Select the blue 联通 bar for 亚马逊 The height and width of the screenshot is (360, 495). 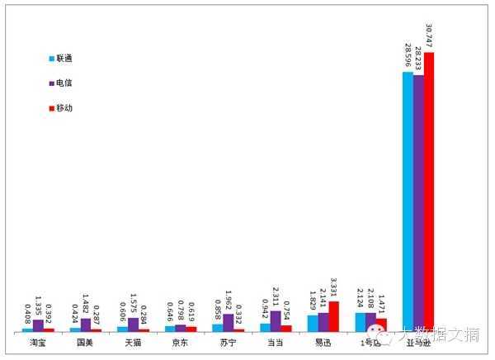click(x=408, y=201)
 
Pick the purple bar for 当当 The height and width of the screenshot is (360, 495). click(x=276, y=321)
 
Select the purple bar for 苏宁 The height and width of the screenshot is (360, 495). click(x=228, y=323)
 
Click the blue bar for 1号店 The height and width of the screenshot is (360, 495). click(x=361, y=322)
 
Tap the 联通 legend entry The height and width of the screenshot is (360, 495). click(x=66, y=59)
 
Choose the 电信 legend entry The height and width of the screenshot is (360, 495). click(x=66, y=83)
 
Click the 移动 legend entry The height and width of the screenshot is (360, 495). click(x=66, y=108)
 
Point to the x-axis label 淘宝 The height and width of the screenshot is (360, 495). click(x=38, y=342)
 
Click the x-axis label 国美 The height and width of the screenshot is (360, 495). click(x=85, y=342)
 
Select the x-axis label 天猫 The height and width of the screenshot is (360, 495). click(x=133, y=342)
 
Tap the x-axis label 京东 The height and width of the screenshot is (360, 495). click(x=180, y=342)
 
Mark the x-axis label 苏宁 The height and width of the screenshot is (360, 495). click(x=228, y=342)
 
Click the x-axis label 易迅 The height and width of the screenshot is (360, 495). click(x=323, y=342)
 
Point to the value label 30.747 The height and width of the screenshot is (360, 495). click(x=429, y=36)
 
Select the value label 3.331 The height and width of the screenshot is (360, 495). click(x=334, y=288)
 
